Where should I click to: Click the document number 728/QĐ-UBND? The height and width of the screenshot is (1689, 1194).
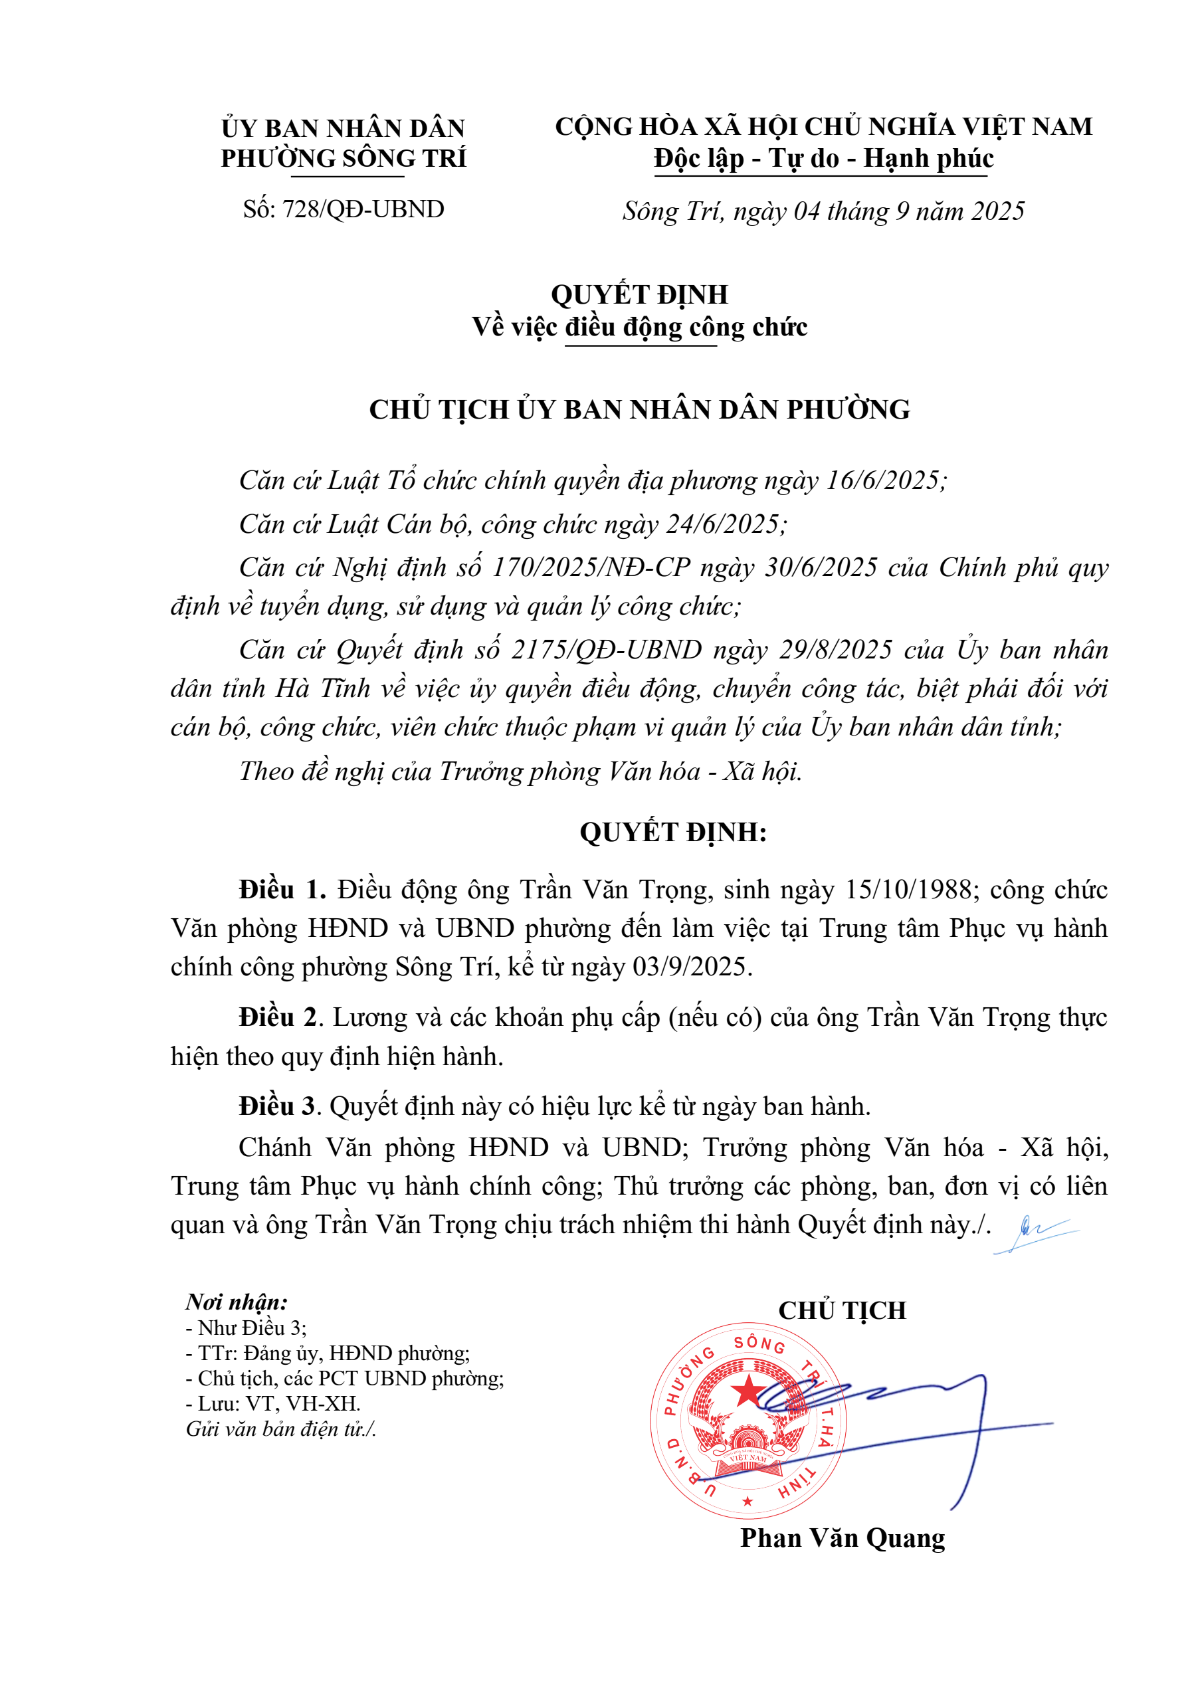click(x=363, y=210)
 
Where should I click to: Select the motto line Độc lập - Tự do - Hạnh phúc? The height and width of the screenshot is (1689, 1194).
click(x=823, y=159)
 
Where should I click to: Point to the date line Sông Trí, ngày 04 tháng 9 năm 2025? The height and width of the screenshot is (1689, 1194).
click(x=823, y=212)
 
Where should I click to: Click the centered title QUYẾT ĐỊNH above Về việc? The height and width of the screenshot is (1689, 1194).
click(x=639, y=295)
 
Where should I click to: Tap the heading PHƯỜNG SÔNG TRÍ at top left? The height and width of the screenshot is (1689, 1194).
click(x=343, y=159)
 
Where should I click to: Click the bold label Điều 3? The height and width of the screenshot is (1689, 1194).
click(x=276, y=1106)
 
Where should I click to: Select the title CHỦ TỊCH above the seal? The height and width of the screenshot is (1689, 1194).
click(x=843, y=1311)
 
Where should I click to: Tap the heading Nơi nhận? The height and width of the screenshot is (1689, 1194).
click(x=236, y=1302)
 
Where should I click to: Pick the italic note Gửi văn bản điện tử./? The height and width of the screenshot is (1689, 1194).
click(x=281, y=1429)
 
